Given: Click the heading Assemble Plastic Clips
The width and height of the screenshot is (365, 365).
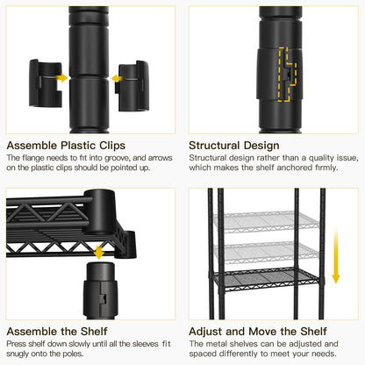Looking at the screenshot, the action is [66, 146].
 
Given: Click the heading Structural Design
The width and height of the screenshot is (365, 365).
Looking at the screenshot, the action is [234, 146].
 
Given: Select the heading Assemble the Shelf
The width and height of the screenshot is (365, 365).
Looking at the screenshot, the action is [57, 332].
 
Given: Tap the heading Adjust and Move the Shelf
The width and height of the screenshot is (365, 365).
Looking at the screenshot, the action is [258, 332].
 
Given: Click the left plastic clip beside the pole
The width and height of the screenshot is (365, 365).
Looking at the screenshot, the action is [46, 83].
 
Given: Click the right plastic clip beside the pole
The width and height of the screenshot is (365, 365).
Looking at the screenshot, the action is [132, 86].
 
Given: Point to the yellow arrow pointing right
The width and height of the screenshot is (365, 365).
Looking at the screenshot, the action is [61, 78].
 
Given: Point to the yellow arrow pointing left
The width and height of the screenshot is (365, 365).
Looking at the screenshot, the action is [117, 79].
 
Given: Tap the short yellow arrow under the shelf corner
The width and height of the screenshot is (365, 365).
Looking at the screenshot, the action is [99, 253].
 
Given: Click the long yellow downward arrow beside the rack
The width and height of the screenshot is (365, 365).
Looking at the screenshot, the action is [336, 255].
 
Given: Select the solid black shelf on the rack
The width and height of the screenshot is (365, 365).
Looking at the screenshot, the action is [266, 280].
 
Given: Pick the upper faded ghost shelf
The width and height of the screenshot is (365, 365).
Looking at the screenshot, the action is [266, 222].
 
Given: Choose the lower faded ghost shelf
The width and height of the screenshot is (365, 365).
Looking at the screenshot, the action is [266, 252].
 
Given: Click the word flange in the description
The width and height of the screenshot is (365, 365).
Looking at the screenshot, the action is [33, 158].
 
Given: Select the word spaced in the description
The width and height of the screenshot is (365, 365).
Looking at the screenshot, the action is [202, 354].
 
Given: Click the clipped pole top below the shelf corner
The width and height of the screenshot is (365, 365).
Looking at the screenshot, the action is [100, 290].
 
